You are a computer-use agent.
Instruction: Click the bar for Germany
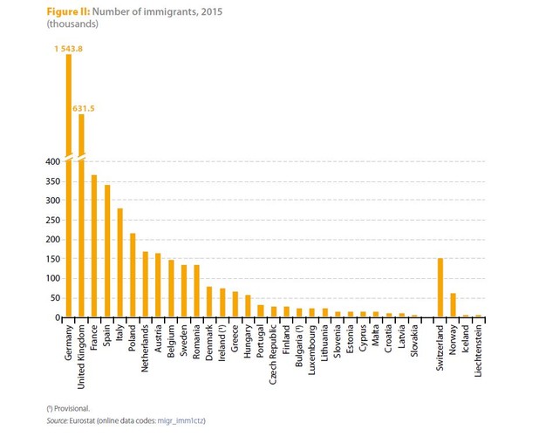69,192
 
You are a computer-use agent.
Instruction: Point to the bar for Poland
133,276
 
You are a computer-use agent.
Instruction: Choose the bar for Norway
453,305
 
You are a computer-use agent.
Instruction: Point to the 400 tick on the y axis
51,161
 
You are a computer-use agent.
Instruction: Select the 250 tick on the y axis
51,220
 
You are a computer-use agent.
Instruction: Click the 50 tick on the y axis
53,298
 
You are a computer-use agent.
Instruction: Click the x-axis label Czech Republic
273,352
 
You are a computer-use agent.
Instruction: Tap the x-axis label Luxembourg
311,349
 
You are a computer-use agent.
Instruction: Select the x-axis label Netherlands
145,348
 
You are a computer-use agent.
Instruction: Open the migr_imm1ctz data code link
181,421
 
